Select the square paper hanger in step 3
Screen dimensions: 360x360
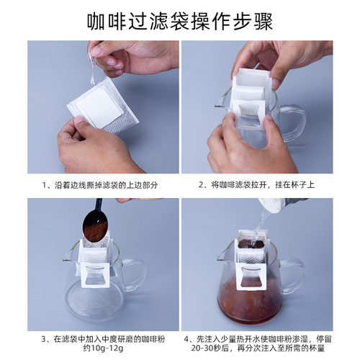[x=96, y=276]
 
